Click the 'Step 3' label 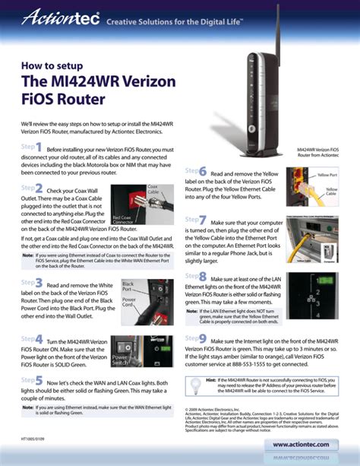coord(32,282)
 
